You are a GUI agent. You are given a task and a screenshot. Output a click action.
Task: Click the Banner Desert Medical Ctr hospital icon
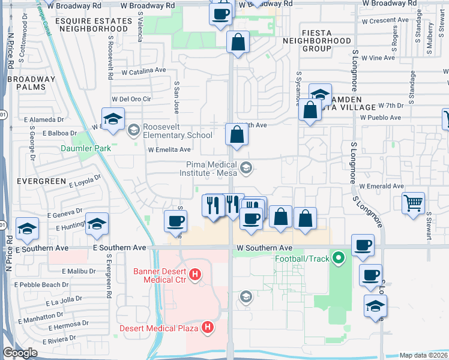click(x=194, y=275)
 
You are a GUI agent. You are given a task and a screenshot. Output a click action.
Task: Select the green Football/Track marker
click(x=339, y=259)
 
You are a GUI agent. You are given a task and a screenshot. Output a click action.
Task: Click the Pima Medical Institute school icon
click(x=246, y=169)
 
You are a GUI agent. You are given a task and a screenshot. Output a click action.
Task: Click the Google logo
click(x=19, y=352)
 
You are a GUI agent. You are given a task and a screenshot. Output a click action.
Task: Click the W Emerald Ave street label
click(x=382, y=187)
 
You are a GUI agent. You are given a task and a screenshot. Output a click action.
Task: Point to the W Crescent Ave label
click(x=385, y=20)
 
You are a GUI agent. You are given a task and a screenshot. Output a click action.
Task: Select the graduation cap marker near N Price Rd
click(x=27, y=228)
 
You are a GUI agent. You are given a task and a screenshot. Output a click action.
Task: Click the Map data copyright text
click(x=423, y=355)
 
